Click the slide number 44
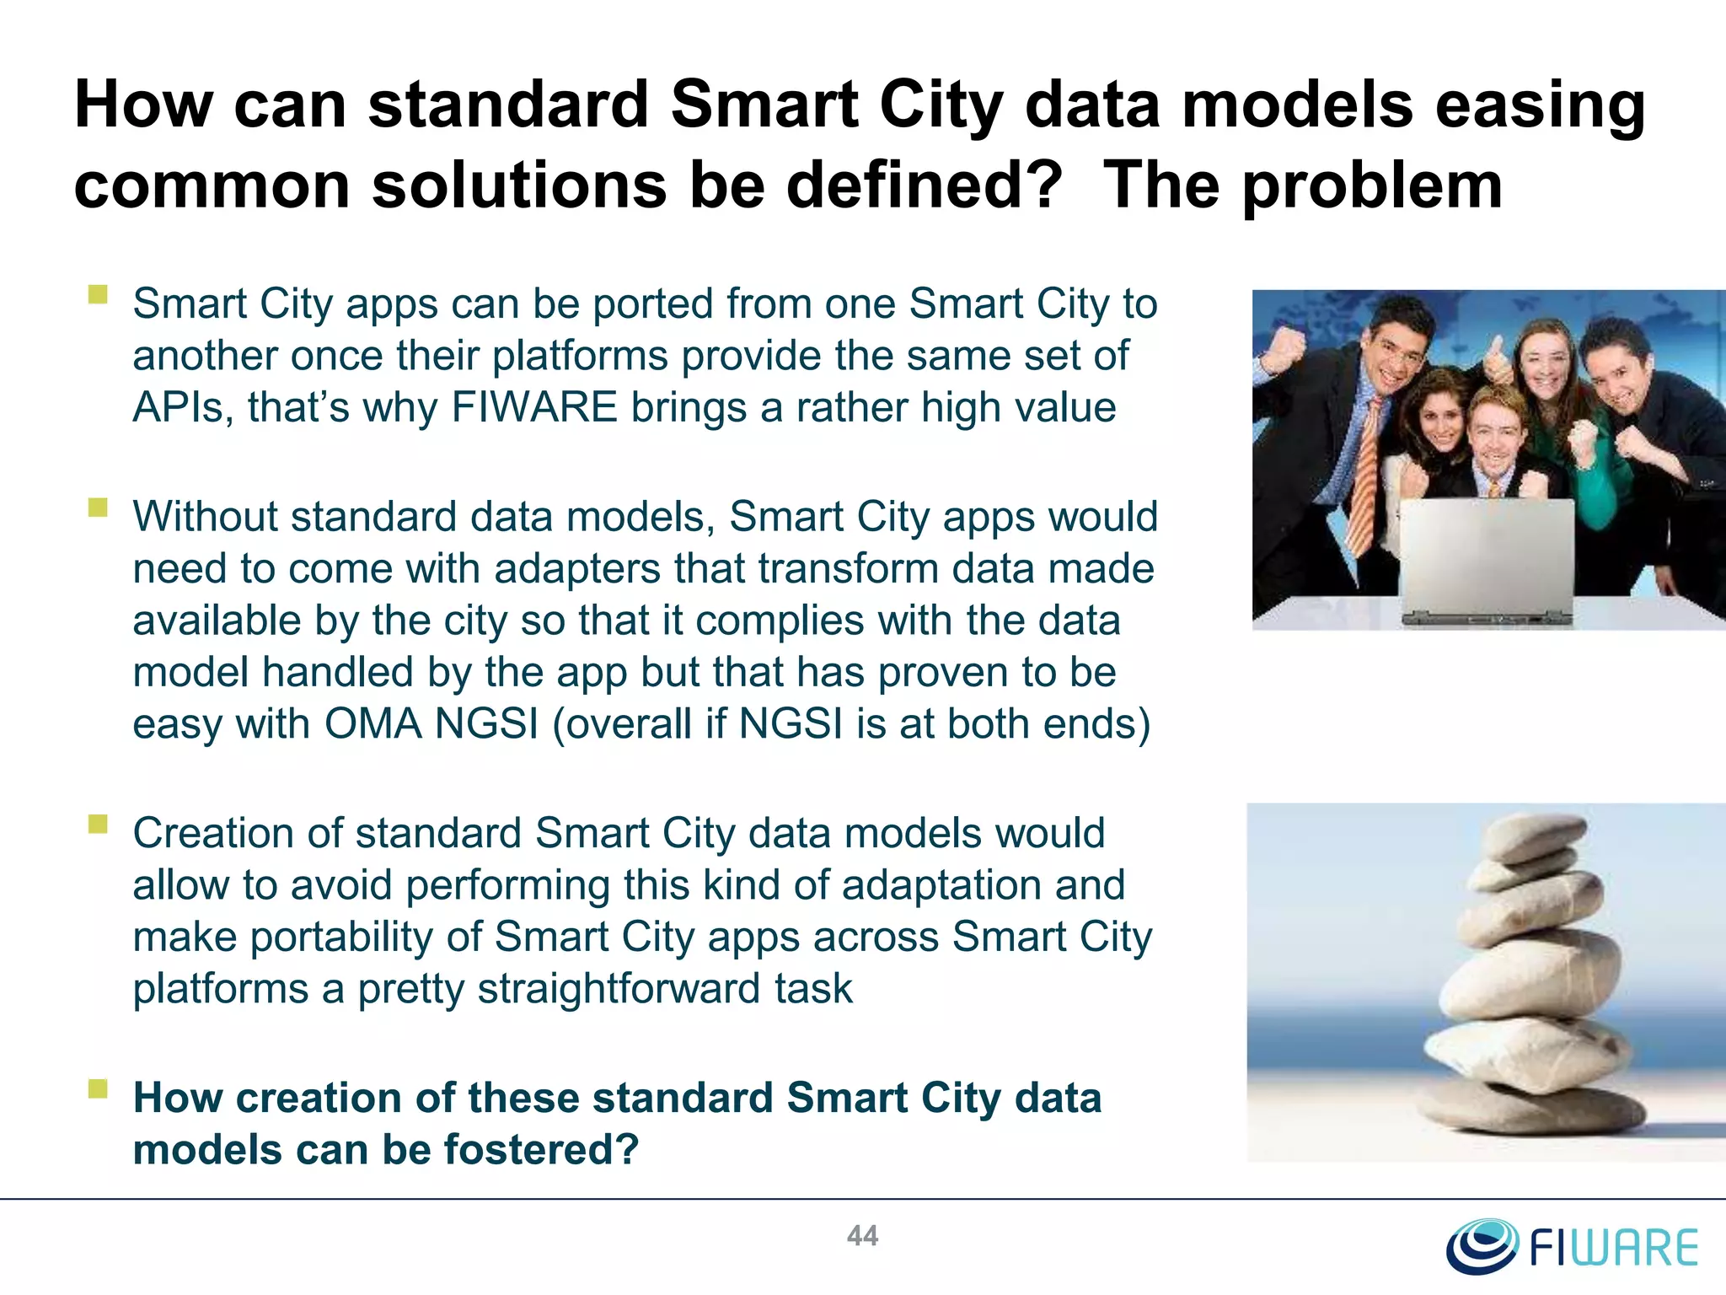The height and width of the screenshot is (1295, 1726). tap(862, 1236)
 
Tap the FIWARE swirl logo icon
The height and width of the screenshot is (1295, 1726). tap(1482, 1245)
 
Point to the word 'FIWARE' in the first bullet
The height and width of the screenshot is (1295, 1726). tap(535, 407)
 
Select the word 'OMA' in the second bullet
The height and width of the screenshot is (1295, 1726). tap(373, 724)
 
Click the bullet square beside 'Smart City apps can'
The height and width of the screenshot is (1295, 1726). tap(99, 294)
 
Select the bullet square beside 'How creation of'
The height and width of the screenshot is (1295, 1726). tap(99, 1088)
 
